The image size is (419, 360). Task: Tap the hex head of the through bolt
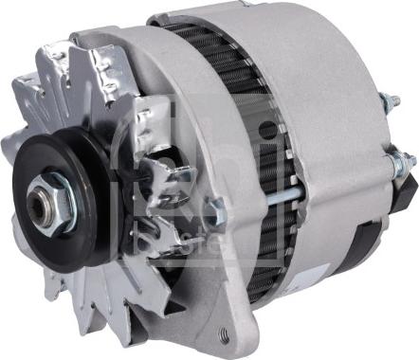[x=210, y=214]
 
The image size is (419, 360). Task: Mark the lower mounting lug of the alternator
[x=223, y=327]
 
